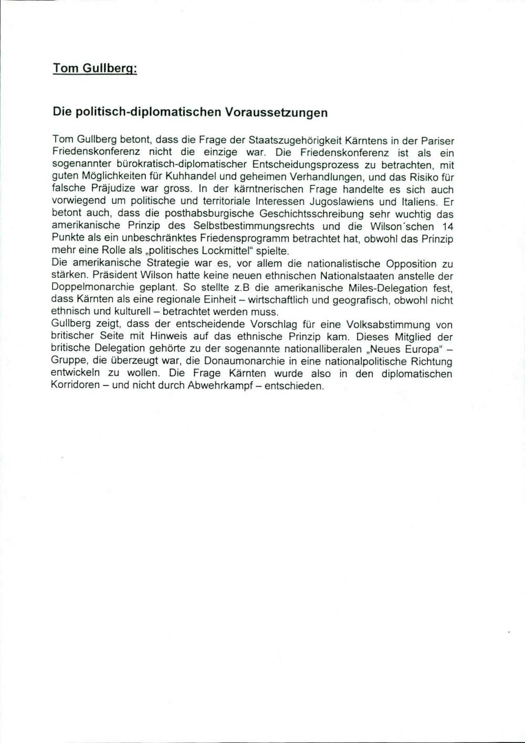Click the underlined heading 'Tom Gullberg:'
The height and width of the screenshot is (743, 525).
95,69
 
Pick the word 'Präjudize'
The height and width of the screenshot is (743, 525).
106,190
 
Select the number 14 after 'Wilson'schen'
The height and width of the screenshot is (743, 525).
447,226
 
